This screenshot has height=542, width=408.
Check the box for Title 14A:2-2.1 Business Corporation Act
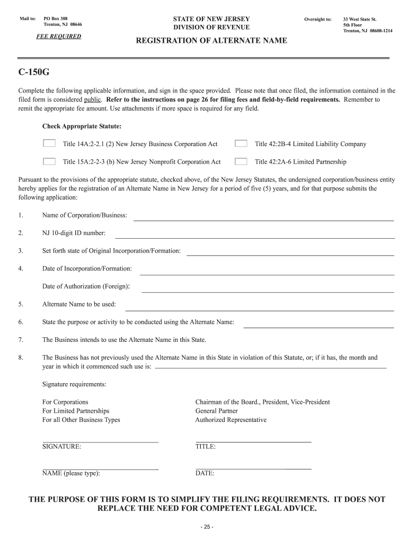coord(49,143)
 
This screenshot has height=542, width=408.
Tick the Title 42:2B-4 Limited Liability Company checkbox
coord(241,143)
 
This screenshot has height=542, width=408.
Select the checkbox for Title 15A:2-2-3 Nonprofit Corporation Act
coord(49,161)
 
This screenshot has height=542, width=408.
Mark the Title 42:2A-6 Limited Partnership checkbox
coord(241,161)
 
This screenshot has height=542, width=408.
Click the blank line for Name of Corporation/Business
coord(263,219)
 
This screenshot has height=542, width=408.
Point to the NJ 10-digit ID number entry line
coord(254,237)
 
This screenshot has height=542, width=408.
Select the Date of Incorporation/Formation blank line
coord(267,274)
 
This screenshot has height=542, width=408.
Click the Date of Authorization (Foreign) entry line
coord(268,291)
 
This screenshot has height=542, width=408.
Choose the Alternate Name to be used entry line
coord(259,310)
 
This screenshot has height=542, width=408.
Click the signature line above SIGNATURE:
coord(100,441)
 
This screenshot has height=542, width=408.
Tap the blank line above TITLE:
coord(253,441)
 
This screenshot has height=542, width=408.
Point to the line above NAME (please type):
coord(100,468)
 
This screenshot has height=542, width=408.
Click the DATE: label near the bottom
coord(205,474)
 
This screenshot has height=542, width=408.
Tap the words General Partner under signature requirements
coord(216,411)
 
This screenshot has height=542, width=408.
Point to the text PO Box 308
coord(56,19)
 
